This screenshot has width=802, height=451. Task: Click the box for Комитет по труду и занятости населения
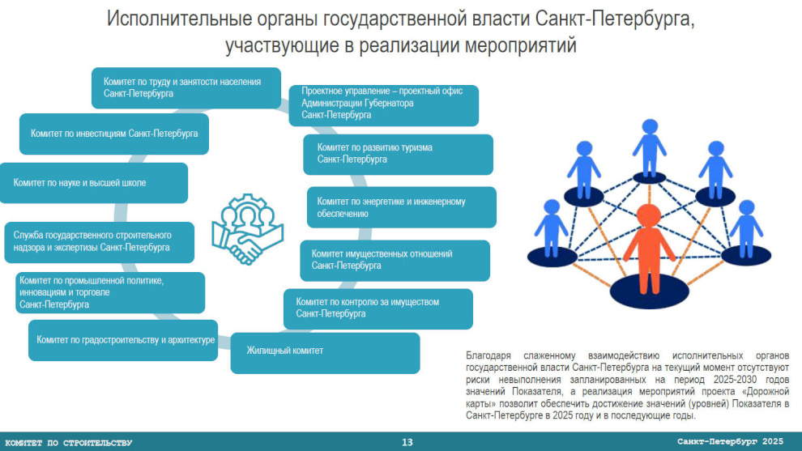tap(186, 88)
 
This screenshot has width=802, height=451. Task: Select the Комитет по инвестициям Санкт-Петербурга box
tap(114, 134)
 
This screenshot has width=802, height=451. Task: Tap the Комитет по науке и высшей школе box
tap(94, 183)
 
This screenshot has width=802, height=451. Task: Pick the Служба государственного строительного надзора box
tap(99, 242)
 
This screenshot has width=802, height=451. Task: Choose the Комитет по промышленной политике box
tap(110, 292)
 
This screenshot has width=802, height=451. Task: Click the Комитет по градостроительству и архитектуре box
tap(123, 341)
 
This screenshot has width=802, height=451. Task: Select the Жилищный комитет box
tap(326, 353)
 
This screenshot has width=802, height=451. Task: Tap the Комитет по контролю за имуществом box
tap(378, 309)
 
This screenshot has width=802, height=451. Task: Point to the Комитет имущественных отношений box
tap(395, 261)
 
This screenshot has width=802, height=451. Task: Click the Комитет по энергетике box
tap(402, 207)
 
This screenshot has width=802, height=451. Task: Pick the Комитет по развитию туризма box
tap(398, 155)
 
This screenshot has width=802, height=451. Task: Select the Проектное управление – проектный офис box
tap(384, 106)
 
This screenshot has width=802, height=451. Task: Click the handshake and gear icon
tap(248, 229)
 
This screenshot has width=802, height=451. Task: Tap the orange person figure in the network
tap(649, 249)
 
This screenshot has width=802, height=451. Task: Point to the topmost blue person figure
tap(650, 148)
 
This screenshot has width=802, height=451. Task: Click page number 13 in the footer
tap(407, 442)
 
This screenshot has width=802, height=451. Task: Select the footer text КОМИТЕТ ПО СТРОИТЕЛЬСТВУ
tap(69, 443)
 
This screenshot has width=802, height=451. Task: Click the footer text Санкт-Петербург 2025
tap(731, 441)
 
